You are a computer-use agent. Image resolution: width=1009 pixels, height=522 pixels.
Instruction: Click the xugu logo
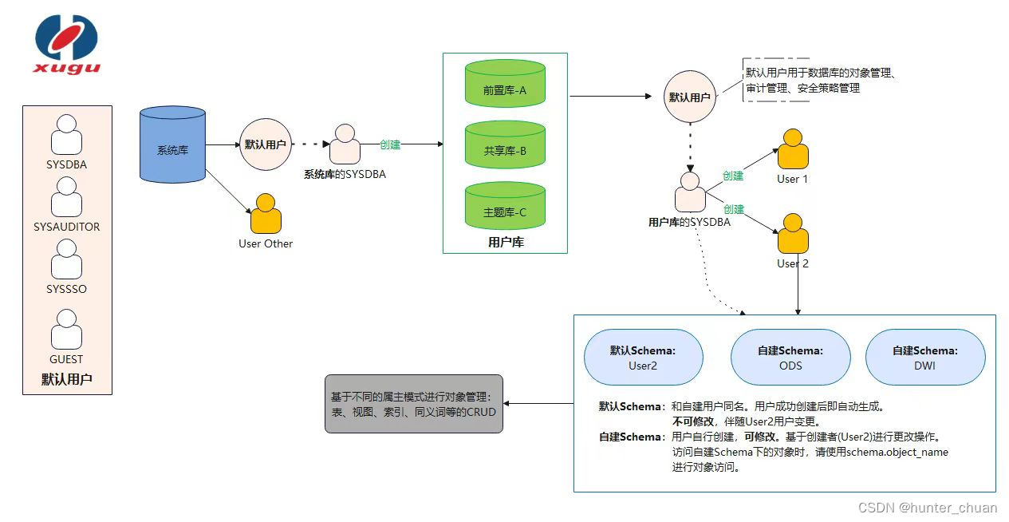[x=66, y=45]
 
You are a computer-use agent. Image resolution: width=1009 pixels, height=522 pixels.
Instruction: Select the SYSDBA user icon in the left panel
[x=66, y=135]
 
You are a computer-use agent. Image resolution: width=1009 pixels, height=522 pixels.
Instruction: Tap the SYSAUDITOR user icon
[x=66, y=197]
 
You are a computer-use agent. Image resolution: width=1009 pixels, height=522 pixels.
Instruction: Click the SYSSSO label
[x=66, y=289]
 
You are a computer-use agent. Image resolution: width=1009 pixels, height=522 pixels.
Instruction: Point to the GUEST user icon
[x=66, y=330]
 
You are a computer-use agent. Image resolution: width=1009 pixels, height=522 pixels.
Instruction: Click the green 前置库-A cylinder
[x=505, y=84]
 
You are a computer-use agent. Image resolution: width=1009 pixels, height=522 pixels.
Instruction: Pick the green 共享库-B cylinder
[x=505, y=145]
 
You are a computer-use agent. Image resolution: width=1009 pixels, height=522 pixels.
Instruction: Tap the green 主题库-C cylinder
[x=505, y=207]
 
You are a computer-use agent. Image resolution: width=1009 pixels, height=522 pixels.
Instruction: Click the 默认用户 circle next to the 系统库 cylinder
[x=266, y=145]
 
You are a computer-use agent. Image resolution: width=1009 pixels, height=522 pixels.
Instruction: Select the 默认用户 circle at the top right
[x=690, y=97]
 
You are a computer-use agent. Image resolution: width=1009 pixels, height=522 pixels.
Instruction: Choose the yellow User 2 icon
[x=793, y=234]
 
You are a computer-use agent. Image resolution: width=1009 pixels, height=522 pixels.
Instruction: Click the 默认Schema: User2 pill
[x=643, y=358]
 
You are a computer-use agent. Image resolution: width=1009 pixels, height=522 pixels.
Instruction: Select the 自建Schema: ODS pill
[x=790, y=358]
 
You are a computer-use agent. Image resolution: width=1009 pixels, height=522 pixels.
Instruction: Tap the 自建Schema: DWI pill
[x=925, y=358]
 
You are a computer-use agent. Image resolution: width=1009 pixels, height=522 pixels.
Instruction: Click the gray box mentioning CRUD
[x=414, y=404]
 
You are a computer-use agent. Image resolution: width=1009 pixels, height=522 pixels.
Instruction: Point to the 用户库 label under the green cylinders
[x=505, y=243]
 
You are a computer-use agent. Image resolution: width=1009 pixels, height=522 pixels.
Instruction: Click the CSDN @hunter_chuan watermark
[x=927, y=508]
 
